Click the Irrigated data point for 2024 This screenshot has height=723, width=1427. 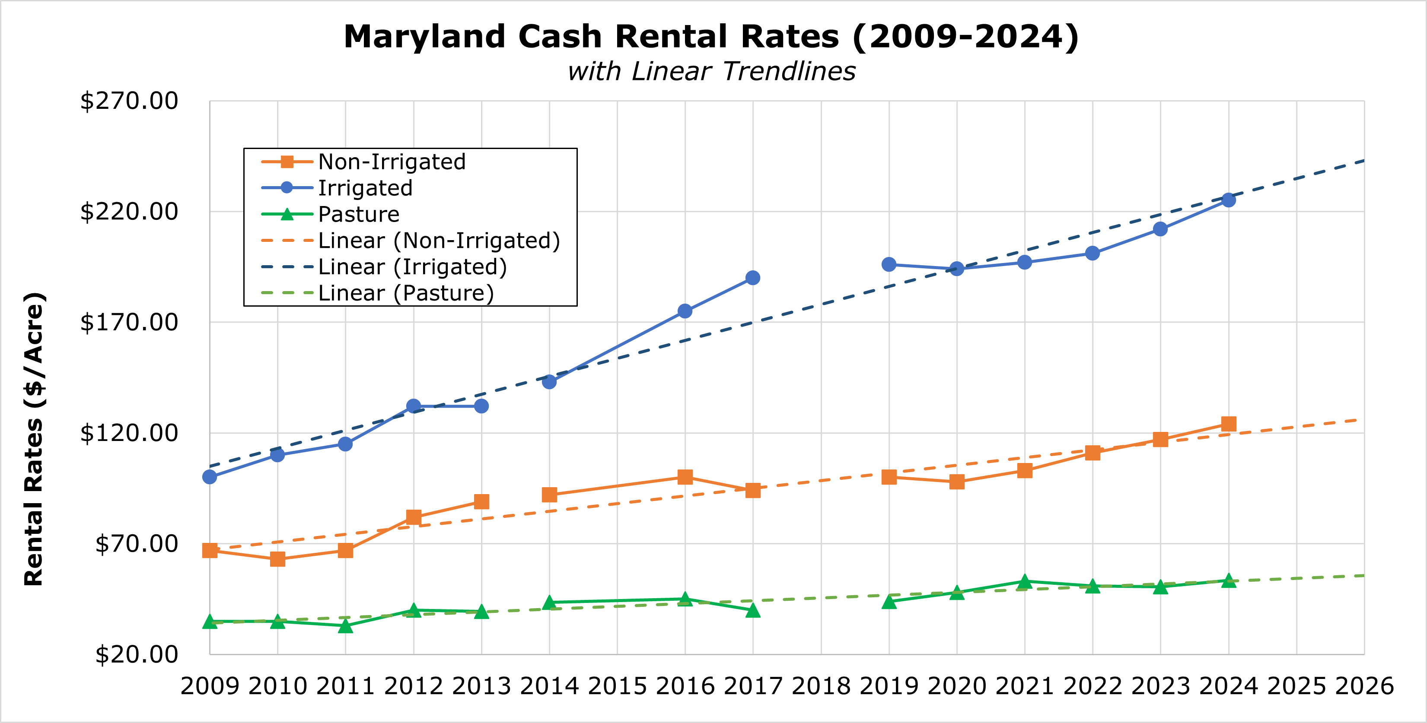pos(1228,200)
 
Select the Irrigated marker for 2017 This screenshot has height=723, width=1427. pos(752,278)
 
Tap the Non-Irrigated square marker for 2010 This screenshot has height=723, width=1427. pos(277,559)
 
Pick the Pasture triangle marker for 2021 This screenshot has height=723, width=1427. pos(1024,582)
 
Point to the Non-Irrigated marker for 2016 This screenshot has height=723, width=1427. pos(685,477)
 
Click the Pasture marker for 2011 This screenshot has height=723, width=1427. pos(345,626)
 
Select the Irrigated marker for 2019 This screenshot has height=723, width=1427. pos(889,265)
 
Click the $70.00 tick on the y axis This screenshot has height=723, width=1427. pos(136,544)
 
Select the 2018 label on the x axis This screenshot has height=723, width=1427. pos(820,686)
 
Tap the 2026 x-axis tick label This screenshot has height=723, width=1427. pos(1364,686)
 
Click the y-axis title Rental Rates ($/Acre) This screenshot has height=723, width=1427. pos(34,438)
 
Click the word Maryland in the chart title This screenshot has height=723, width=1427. pos(424,37)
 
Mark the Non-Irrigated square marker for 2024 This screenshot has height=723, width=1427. pos(1228,424)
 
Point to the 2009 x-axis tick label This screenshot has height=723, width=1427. pos(210,686)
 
